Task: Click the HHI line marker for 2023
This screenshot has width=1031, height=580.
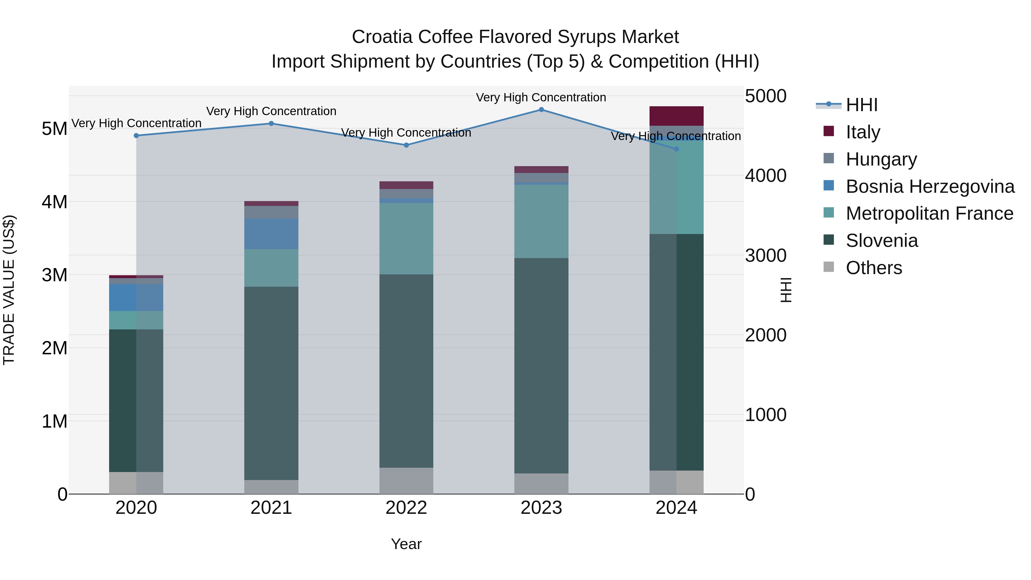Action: pos(541,110)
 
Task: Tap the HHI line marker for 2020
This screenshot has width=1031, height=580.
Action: pos(136,136)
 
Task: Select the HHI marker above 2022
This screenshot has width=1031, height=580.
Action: pos(406,145)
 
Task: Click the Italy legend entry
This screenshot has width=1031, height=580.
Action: pos(863,132)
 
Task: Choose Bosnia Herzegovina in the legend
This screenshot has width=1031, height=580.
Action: pos(930,186)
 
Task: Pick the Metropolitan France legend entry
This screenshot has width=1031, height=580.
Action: pos(929,213)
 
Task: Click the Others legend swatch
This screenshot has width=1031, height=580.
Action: pos(829,267)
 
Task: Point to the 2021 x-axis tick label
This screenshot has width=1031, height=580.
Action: pos(271,508)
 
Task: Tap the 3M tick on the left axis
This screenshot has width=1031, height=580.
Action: pos(54,275)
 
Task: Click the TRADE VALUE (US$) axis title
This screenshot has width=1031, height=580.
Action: pos(9,290)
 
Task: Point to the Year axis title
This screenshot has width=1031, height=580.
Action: pos(406,544)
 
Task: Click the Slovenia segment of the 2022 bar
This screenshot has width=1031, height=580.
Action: pos(406,371)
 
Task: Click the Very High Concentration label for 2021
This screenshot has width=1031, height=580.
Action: pos(271,111)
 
